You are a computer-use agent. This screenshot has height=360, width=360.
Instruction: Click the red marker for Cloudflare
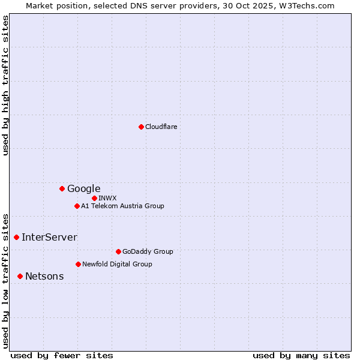(x=141, y=127)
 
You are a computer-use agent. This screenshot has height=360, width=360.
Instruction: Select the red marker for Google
(x=62, y=188)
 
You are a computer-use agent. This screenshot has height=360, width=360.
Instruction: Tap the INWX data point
(x=94, y=198)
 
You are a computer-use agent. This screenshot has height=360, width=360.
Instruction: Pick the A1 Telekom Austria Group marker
(x=77, y=206)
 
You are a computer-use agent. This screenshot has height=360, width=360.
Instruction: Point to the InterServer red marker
(x=16, y=237)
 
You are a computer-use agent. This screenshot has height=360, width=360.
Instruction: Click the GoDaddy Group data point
(x=118, y=251)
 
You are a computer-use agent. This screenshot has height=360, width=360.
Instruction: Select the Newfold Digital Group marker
(x=78, y=264)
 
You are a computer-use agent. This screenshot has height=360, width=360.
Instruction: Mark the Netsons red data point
(x=20, y=276)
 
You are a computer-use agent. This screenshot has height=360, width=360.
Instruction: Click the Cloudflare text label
(x=161, y=127)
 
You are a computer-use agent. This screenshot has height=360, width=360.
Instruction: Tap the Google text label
(x=83, y=188)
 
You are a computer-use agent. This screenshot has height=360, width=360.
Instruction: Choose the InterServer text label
(x=49, y=237)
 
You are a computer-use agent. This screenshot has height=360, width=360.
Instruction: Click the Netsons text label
(x=44, y=276)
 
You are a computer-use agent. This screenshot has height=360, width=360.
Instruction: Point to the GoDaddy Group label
(x=147, y=251)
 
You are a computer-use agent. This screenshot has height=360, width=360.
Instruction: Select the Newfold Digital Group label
(x=117, y=264)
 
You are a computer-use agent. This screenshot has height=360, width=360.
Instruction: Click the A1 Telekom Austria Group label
(x=122, y=206)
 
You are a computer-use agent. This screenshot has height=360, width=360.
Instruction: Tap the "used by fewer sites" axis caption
(x=62, y=355)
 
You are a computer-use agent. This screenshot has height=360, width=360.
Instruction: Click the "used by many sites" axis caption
(x=301, y=355)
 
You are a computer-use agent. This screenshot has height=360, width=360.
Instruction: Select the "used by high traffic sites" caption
(x=6, y=85)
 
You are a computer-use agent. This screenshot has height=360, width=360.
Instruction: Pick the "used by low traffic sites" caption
(x=6, y=280)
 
